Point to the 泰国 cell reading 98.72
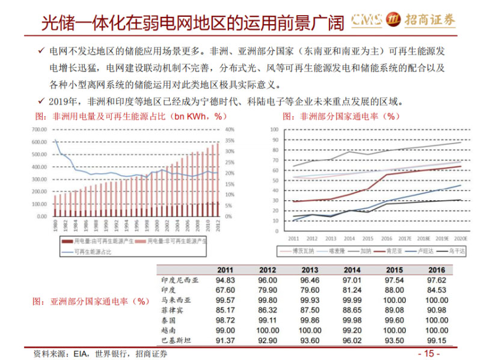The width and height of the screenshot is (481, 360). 225,321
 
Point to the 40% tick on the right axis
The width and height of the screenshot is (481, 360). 230,129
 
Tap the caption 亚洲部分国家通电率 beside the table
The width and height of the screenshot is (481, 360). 90,300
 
